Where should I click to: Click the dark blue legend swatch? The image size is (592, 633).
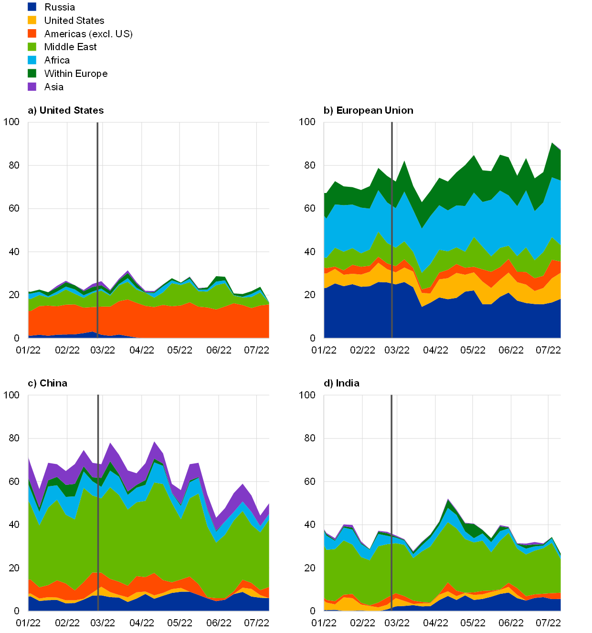(x=32, y=7)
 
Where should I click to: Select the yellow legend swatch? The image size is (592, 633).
(x=32, y=20)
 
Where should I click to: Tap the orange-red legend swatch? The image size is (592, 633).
(x=32, y=33)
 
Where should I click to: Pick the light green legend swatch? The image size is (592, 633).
(x=32, y=47)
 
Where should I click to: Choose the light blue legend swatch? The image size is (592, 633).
(x=32, y=60)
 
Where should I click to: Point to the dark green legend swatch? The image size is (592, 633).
(x=32, y=73)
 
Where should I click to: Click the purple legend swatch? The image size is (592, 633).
(x=32, y=86)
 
